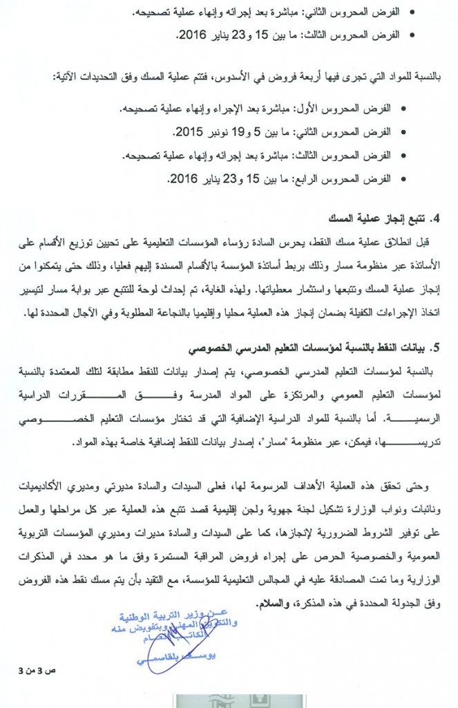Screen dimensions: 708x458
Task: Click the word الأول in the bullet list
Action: pyautogui.click(x=323, y=109)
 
